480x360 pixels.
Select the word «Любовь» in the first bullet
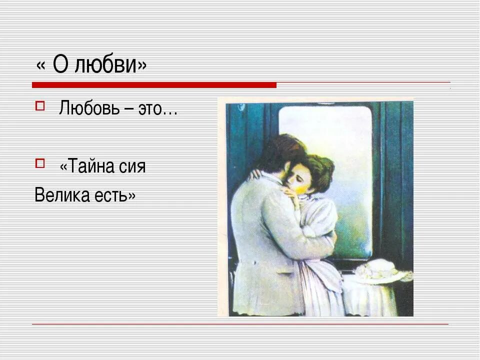click(87, 108)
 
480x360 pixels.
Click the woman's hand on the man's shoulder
click(256, 173)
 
